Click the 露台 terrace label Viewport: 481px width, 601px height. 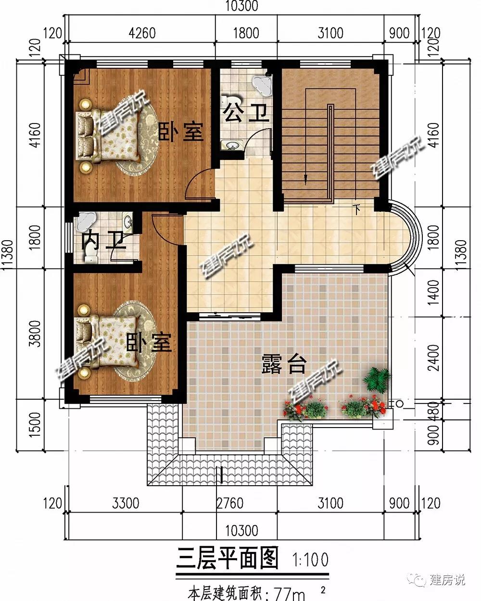click(x=284, y=364)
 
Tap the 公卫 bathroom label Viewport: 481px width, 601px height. click(x=247, y=112)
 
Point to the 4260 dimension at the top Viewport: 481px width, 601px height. click(x=142, y=33)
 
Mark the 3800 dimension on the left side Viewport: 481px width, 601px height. click(x=36, y=334)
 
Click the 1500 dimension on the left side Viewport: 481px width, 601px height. click(x=36, y=425)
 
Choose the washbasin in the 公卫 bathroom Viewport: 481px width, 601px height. click(x=231, y=145)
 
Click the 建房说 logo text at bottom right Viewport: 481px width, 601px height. click(x=447, y=581)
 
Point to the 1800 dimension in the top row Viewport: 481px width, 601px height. click(x=246, y=33)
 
